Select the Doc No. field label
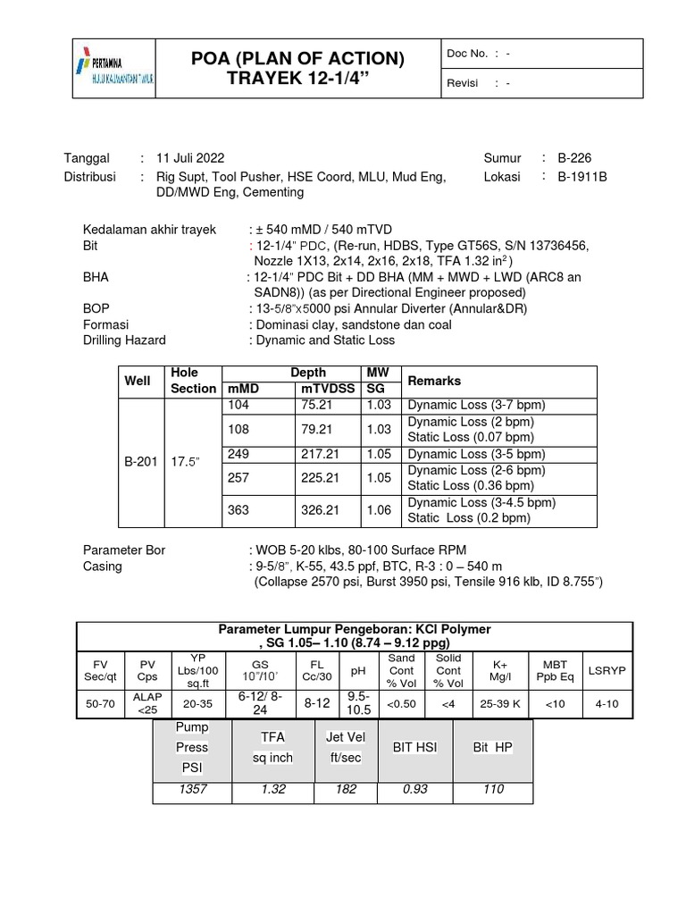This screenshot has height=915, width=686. (x=467, y=54)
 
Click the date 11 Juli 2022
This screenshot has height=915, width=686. (x=192, y=158)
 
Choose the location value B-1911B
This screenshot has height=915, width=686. (x=582, y=177)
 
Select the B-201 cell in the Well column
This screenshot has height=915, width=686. (x=140, y=462)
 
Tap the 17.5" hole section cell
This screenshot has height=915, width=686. (x=186, y=462)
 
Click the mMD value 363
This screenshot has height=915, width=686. (x=238, y=510)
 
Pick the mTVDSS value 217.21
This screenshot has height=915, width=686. (x=321, y=454)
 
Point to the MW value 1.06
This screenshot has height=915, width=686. (x=379, y=510)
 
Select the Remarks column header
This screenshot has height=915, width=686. (x=435, y=381)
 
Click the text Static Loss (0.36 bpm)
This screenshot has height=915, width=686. (x=470, y=486)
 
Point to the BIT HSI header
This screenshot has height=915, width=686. (x=414, y=747)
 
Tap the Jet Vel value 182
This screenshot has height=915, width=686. (x=345, y=789)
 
